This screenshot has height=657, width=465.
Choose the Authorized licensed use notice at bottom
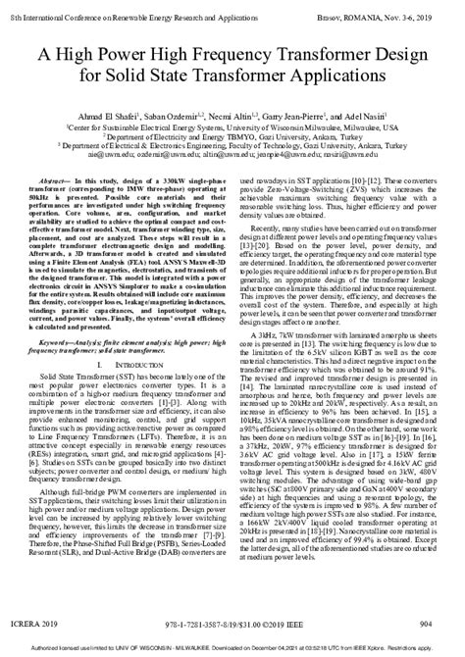[232, 650]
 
